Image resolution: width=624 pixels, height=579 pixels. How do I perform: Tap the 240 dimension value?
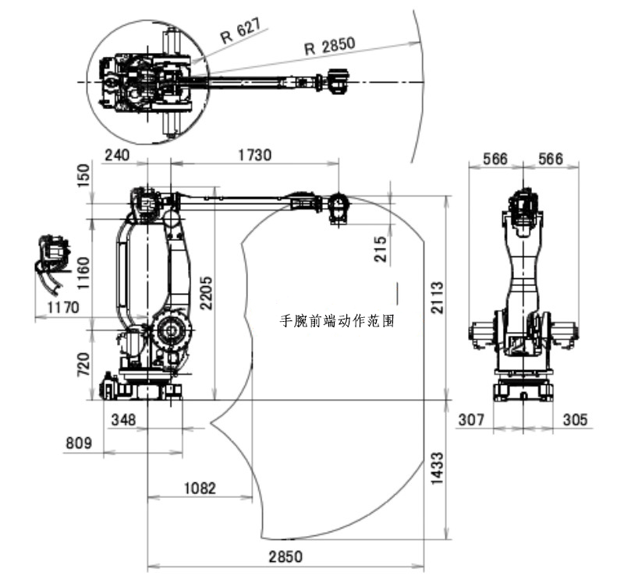coord(116,155)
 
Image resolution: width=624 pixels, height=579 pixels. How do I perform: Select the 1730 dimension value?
coord(254,155)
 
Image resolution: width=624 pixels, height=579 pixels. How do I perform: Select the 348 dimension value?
coord(124,420)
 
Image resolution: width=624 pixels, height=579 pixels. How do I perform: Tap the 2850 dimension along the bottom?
coord(285,557)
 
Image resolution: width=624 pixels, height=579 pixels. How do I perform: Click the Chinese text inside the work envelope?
coord(337,320)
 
